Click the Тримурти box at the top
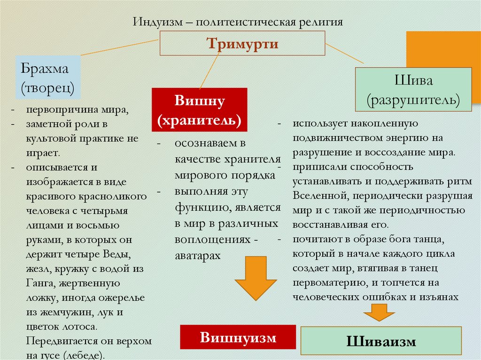[x=242, y=44]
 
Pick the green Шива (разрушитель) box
[x=413, y=90]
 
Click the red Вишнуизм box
[x=238, y=337]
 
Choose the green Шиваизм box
[x=381, y=341]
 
